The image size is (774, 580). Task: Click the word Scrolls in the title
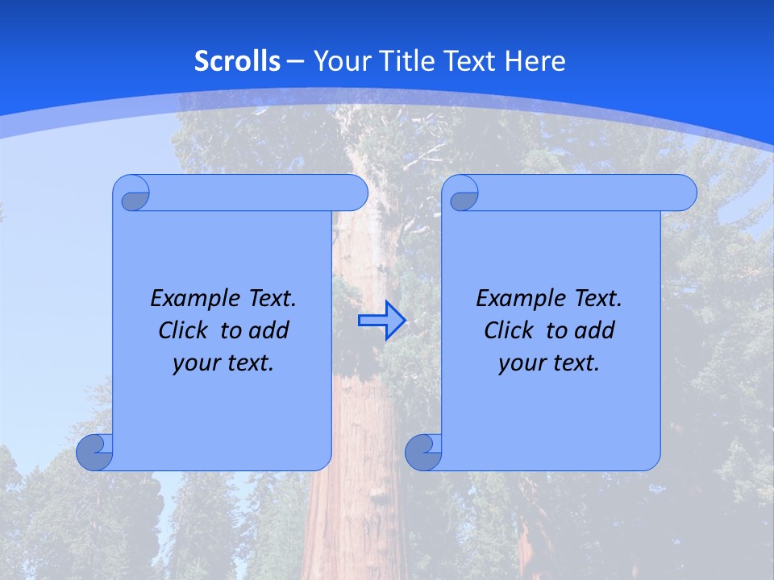pos(237,61)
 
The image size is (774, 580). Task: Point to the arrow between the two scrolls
pos(381,321)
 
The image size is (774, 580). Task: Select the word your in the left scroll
pos(193,364)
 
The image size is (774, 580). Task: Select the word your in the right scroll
pos(519,364)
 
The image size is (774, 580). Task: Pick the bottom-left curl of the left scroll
pos(95,453)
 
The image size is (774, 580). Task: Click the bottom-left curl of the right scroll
pos(423,453)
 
